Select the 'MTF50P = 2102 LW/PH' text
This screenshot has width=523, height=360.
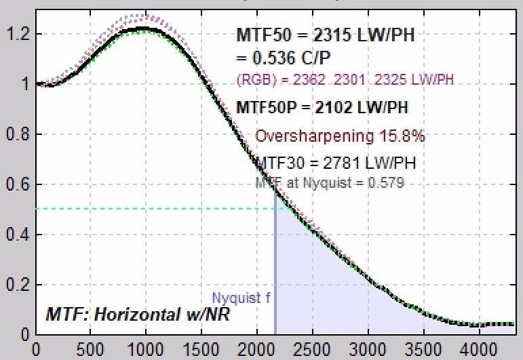(x=322, y=107)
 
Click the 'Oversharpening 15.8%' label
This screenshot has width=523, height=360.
(x=340, y=136)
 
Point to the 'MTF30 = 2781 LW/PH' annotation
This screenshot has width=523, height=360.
(x=336, y=163)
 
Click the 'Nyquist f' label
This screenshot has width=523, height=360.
(x=236, y=298)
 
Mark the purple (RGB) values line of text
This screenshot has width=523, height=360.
(x=345, y=81)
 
